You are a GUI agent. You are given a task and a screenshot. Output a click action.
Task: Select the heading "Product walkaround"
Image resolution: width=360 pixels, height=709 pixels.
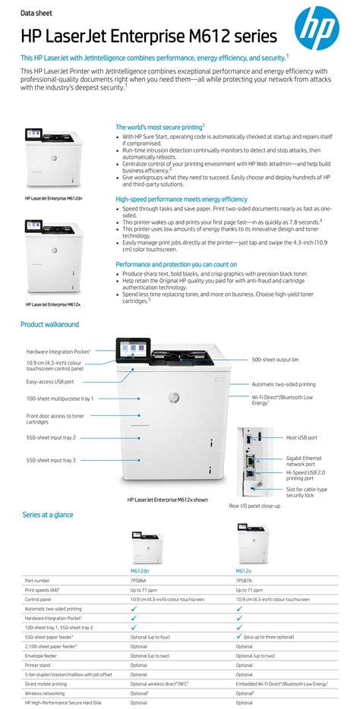(x=49, y=324)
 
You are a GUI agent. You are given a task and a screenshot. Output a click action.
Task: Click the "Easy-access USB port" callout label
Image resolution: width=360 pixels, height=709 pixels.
(x=50, y=382)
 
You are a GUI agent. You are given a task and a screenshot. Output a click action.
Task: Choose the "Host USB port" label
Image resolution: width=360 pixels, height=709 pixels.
(x=302, y=437)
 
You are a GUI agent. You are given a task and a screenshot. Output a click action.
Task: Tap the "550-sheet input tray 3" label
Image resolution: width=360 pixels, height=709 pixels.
(x=51, y=460)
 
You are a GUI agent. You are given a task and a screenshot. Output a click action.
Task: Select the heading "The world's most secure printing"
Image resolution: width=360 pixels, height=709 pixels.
(x=159, y=127)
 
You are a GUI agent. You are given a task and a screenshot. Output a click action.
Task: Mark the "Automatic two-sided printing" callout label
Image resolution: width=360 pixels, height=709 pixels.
(x=283, y=384)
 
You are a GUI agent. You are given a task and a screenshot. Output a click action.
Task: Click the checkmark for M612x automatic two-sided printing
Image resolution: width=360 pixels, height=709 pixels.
(x=240, y=607)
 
